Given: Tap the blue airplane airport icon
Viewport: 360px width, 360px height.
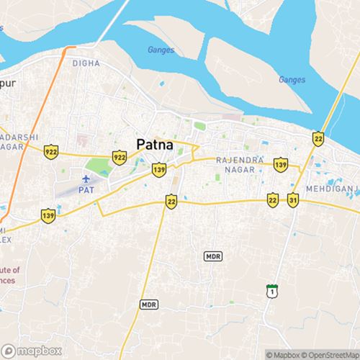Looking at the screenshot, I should tap(87, 179).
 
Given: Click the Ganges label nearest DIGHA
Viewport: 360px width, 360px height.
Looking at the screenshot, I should tap(161, 50).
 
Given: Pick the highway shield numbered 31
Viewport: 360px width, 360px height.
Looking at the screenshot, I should tap(293, 199).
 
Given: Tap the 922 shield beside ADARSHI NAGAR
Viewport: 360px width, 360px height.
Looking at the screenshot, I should tap(50, 152).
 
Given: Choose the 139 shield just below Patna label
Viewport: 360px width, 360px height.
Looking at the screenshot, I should tap(159, 170).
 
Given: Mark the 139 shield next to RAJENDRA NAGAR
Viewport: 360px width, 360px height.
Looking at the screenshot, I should tap(280, 166).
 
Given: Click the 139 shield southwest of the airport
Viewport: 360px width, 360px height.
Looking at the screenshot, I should tap(48, 215).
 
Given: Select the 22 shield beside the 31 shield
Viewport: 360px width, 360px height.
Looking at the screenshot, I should tap(272, 199).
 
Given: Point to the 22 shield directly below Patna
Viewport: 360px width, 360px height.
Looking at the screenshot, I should tap(171, 202).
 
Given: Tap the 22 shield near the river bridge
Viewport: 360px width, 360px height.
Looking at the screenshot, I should tap(318, 138).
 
